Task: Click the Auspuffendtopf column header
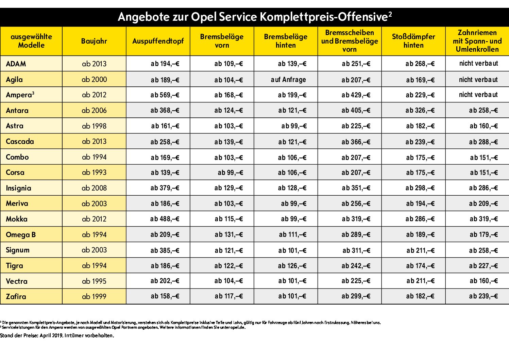click(x=158, y=41)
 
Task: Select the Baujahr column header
click(x=94, y=41)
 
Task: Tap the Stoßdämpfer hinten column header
click(x=413, y=41)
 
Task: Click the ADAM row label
click(x=16, y=64)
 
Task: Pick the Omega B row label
click(x=21, y=234)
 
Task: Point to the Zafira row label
click(x=16, y=296)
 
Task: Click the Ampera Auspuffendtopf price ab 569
click(x=165, y=95)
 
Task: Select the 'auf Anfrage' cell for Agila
click(x=288, y=80)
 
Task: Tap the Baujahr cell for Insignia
click(x=94, y=188)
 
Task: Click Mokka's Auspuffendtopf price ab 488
click(x=165, y=219)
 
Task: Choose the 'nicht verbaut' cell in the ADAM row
click(x=478, y=63)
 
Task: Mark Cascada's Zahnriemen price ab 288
click(x=483, y=142)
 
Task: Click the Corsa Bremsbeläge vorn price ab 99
click(x=231, y=173)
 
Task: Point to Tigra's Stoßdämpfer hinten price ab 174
click(x=420, y=266)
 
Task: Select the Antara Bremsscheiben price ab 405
click(x=356, y=110)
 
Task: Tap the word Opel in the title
click(x=204, y=17)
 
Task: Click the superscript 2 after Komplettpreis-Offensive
click(x=390, y=14)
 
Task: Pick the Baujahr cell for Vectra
click(x=94, y=281)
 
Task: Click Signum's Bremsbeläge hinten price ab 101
click(x=292, y=250)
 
